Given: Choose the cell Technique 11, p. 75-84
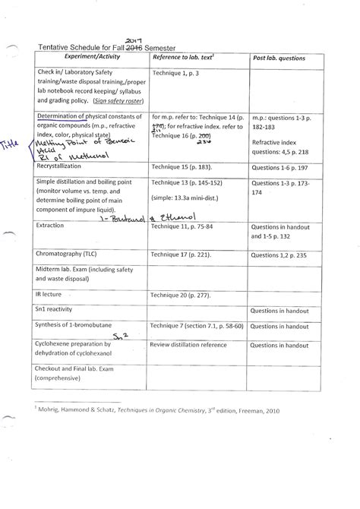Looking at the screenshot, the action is pos(186,226).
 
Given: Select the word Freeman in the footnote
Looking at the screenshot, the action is pos(245,410).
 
